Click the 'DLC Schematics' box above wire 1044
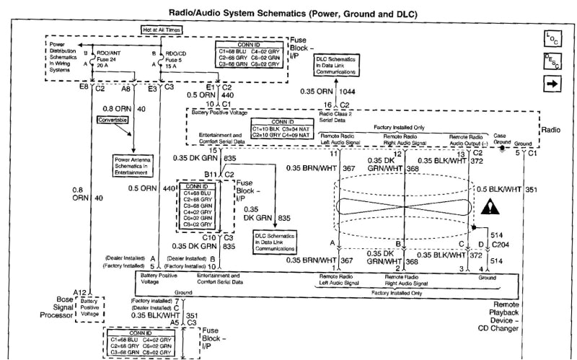coord(336,64)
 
